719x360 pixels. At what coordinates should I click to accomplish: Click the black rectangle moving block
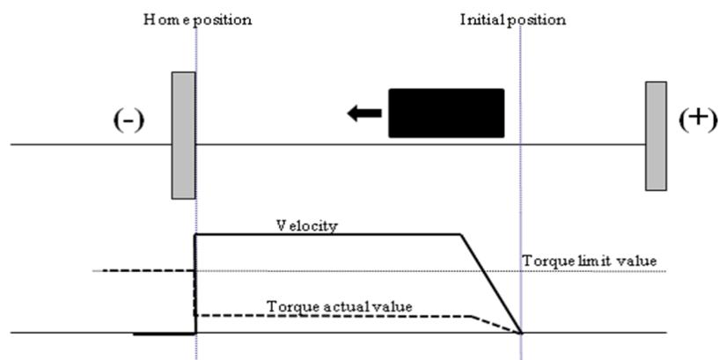point(446,113)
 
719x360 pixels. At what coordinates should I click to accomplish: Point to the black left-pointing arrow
point(364,113)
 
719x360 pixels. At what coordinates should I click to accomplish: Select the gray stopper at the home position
point(183,136)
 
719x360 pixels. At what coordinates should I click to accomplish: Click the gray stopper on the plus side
point(656,136)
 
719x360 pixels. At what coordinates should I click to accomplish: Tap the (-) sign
point(128,121)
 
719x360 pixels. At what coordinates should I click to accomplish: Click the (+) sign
point(698,120)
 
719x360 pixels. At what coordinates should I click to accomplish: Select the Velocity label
point(307,226)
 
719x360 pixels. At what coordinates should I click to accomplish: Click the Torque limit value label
point(590,261)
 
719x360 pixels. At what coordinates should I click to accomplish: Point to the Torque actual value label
point(340,306)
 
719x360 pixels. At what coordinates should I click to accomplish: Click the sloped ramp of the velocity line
point(491,284)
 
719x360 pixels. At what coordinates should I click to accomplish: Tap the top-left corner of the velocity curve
point(195,235)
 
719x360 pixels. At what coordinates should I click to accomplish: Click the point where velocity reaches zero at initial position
point(521,333)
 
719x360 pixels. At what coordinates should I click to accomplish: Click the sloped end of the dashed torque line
point(496,324)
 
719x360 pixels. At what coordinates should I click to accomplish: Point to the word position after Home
point(223,21)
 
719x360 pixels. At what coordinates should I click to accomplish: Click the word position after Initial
point(537,21)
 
